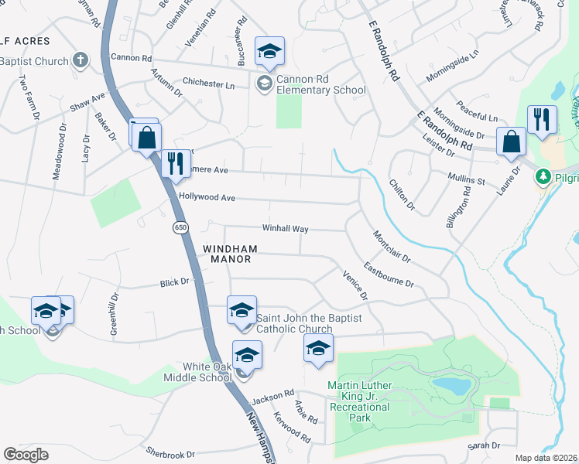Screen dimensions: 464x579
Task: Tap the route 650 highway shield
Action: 180,227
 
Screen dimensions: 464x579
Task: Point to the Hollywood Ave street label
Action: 206,197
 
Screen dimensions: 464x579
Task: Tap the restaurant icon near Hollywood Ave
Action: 173,163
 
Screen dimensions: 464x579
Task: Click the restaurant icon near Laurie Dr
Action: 541,119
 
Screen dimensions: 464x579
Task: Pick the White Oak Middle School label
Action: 207,371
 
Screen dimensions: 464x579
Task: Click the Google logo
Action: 26,455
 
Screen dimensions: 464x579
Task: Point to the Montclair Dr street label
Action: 391,245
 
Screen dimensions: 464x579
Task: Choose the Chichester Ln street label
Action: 208,83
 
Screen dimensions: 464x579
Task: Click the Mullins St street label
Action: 466,181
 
